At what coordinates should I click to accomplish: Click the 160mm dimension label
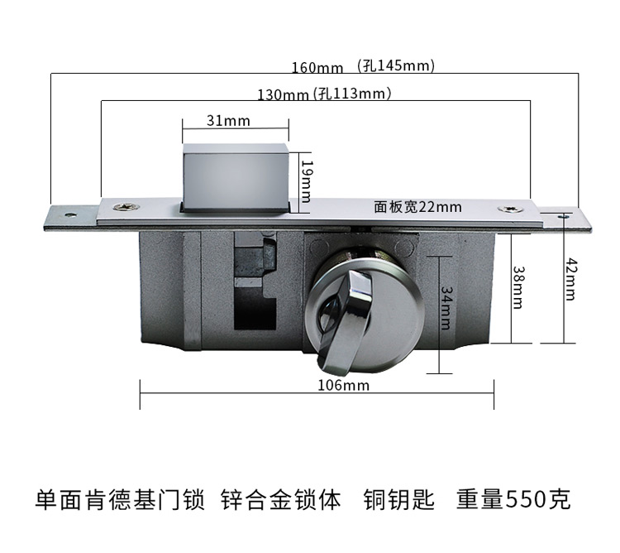click(315, 67)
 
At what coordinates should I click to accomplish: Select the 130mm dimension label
click(282, 94)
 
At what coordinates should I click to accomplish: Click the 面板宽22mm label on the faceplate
click(417, 207)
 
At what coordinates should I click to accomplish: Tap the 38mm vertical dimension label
click(517, 286)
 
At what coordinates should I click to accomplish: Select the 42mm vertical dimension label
click(570, 279)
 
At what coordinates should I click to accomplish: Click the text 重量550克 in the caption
click(513, 500)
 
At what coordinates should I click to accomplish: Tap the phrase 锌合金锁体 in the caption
click(281, 500)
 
